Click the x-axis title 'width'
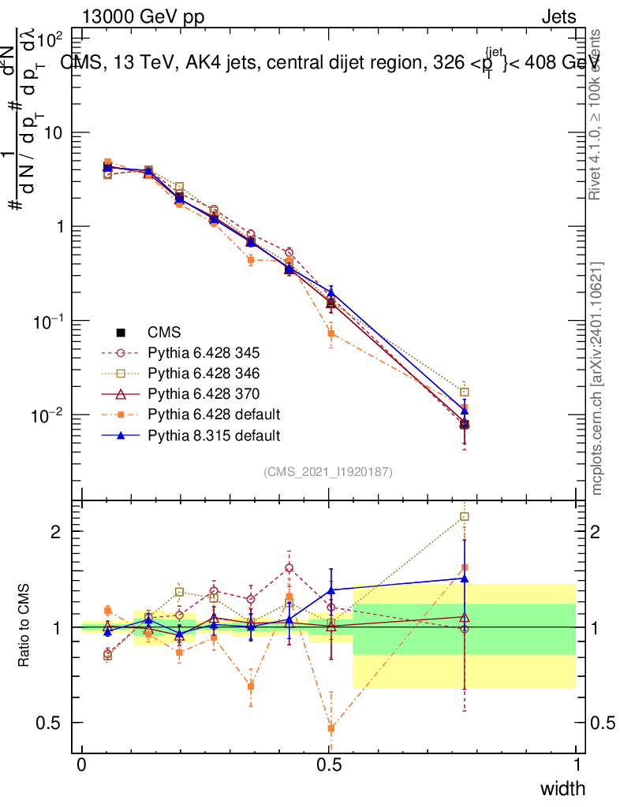(x=562, y=788)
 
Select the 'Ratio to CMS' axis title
(x=24, y=627)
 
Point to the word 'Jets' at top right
(x=558, y=17)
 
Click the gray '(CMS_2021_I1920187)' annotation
(x=327, y=471)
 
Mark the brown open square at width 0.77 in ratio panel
(x=465, y=517)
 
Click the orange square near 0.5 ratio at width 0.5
(x=331, y=728)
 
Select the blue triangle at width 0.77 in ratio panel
(x=465, y=578)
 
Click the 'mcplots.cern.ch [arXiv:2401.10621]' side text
(x=597, y=378)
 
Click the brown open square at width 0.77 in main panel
(x=465, y=392)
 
